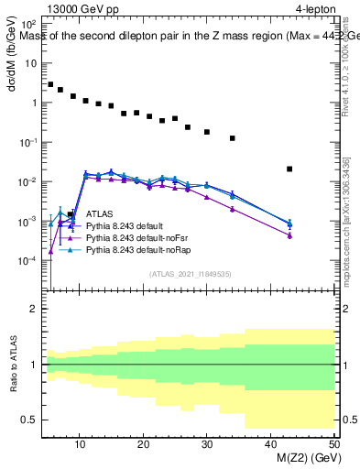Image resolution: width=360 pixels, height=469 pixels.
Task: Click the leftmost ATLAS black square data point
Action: point(50,84)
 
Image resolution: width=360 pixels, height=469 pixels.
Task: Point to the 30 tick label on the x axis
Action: point(207,444)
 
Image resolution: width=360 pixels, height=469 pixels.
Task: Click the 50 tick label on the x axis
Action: point(333,444)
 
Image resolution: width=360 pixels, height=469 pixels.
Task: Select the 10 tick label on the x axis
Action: point(81,444)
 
